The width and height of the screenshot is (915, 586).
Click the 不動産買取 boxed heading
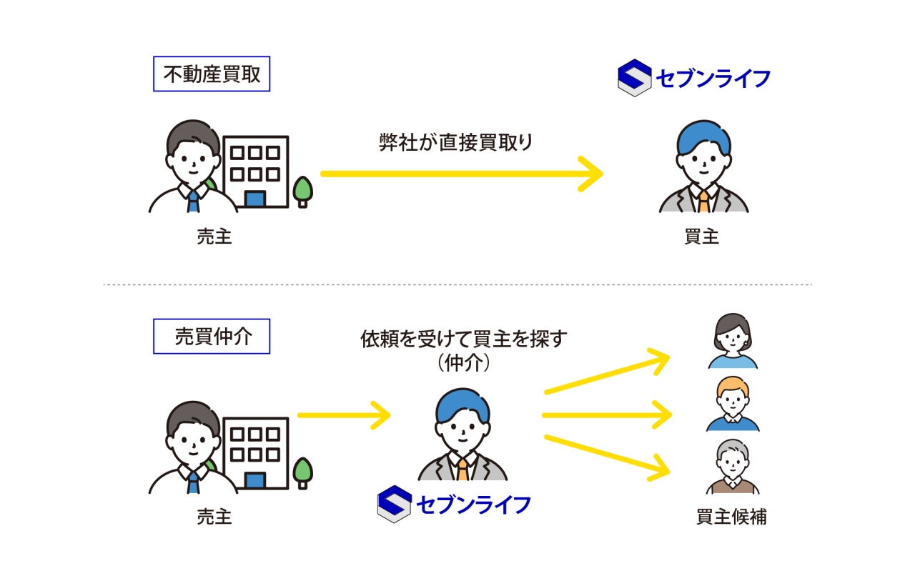click(x=212, y=74)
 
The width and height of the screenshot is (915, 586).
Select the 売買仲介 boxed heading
click(x=212, y=337)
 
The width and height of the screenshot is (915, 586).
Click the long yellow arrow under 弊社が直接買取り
click(x=461, y=174)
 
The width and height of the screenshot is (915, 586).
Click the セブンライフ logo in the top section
click(x=693, y=77)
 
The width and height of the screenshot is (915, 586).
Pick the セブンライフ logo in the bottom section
click(x=455, y=505)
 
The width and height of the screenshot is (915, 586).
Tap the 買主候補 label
click(x=731, y=517)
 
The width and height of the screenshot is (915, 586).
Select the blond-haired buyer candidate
click(x=733, y=404)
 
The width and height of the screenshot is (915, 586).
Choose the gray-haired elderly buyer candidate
click(x=733, y=467)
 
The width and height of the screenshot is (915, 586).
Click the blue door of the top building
click(x=255, y=199)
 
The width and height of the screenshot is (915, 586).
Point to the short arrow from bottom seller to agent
click(x=343, y=415)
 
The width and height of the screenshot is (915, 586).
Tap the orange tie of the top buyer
click(x=704, y=202)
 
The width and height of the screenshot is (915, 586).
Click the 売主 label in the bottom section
click(x=214, y=517)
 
